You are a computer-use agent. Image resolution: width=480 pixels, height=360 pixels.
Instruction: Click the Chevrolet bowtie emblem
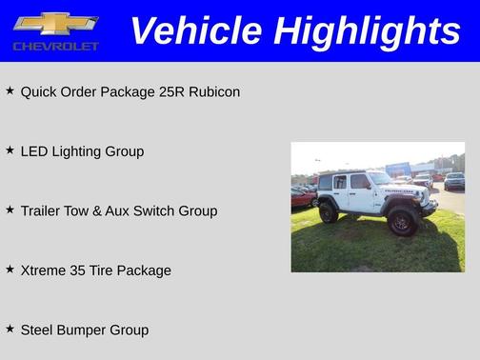[x=55, y=23]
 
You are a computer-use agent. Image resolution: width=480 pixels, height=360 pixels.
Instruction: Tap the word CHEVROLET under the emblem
[x=55, y=46]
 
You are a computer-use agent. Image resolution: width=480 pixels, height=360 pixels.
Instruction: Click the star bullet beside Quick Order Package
[x=10, y=91]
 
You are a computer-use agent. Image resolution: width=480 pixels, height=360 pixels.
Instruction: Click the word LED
[x=34, y=151]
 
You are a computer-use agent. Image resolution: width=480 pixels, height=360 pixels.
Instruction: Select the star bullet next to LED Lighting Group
[x=10, y=150]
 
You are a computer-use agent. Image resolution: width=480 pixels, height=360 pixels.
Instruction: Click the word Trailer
[x=42, y=210]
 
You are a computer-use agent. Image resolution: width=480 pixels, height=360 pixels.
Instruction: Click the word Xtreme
[x=45, y=270]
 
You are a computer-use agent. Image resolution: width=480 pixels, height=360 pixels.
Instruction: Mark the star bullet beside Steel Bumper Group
[x=10, y=329]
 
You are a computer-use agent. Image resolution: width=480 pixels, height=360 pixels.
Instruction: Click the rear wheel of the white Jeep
[x=329, y=212]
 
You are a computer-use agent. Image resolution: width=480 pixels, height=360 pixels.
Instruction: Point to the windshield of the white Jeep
[x=379, y=178]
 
